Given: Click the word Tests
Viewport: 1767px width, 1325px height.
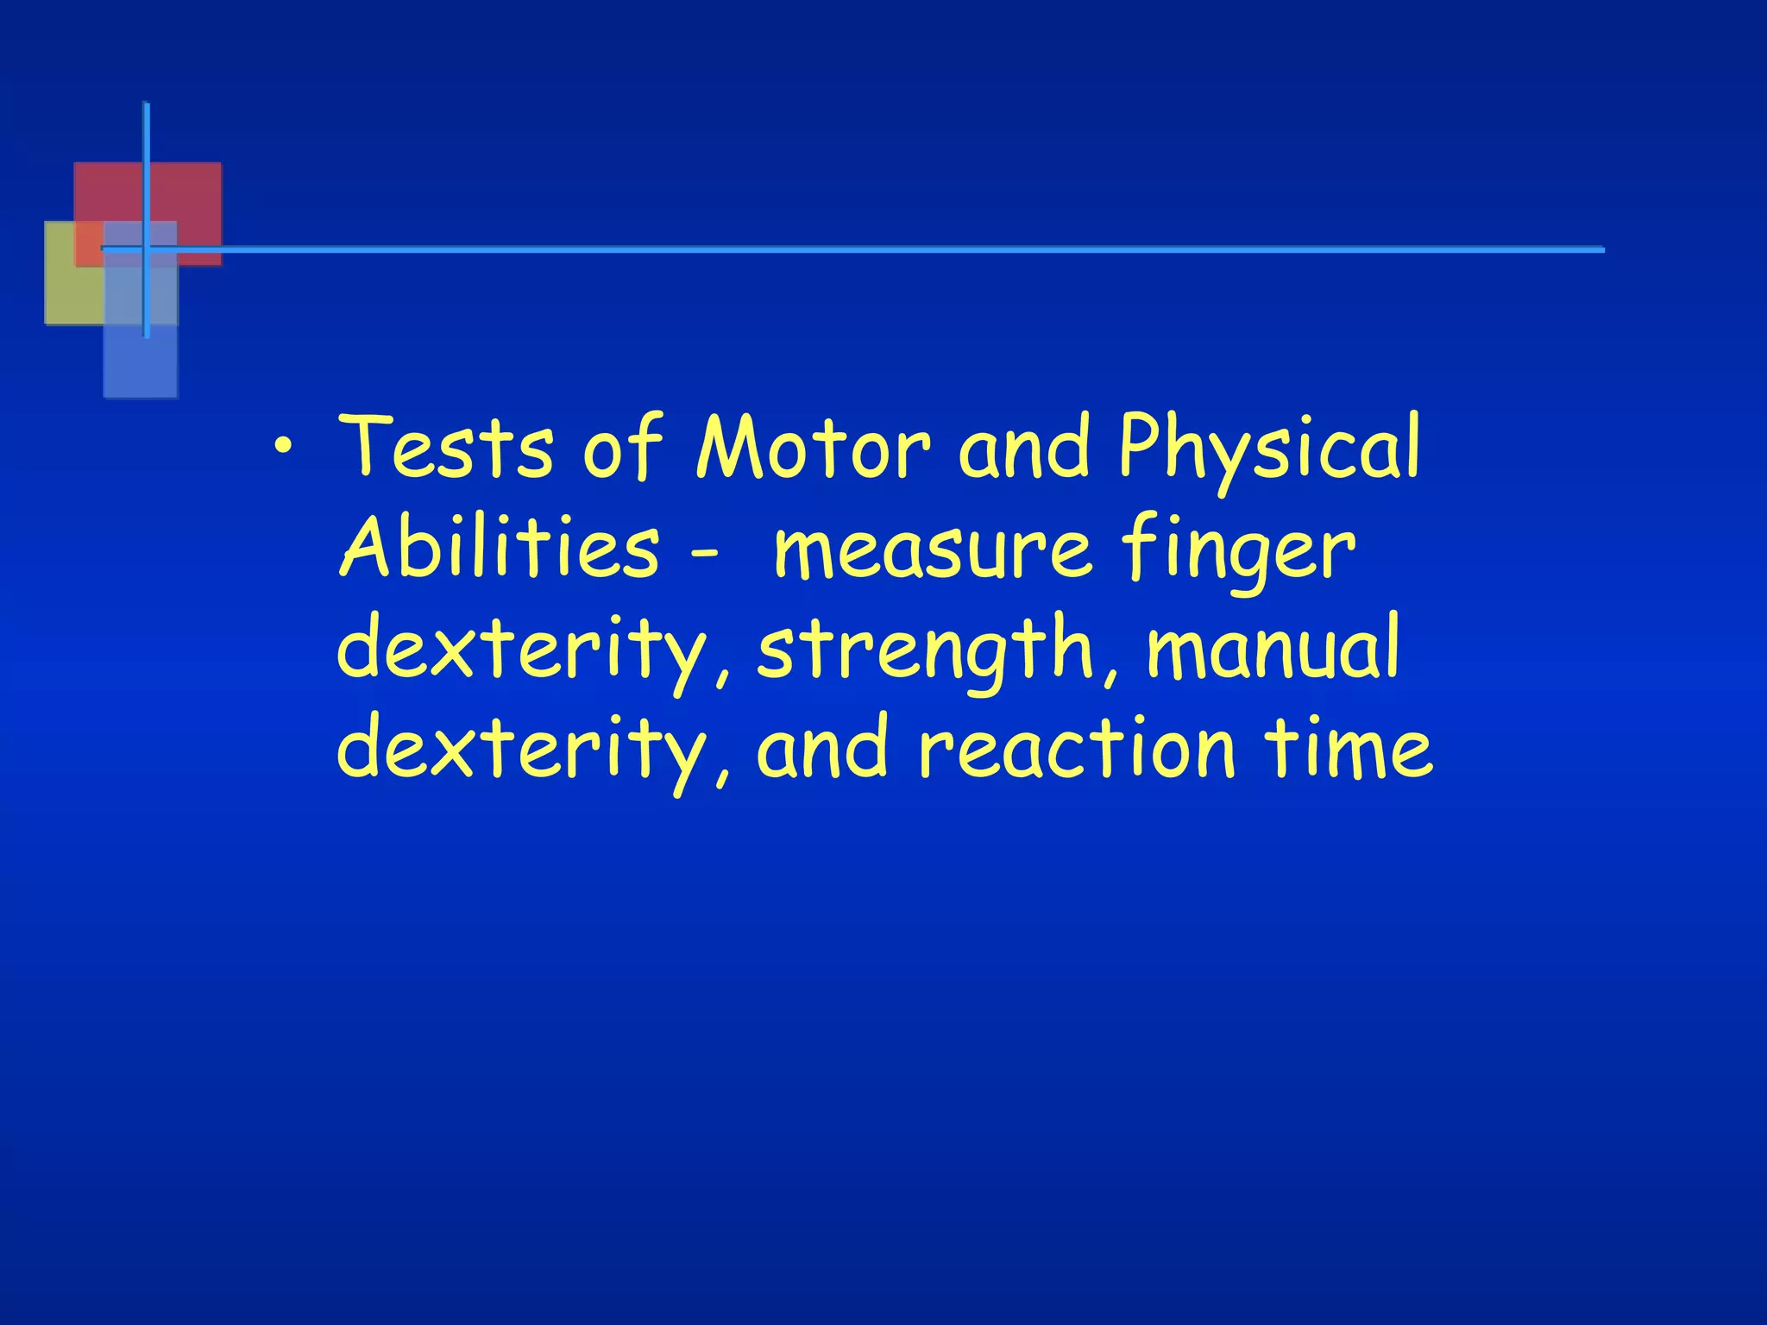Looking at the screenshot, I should pos(444,448).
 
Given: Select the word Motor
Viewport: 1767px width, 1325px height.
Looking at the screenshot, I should pos(813,448).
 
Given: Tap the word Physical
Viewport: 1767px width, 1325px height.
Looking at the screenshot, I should pos(1268,448).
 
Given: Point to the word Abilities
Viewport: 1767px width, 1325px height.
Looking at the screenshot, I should pos(499,547).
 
